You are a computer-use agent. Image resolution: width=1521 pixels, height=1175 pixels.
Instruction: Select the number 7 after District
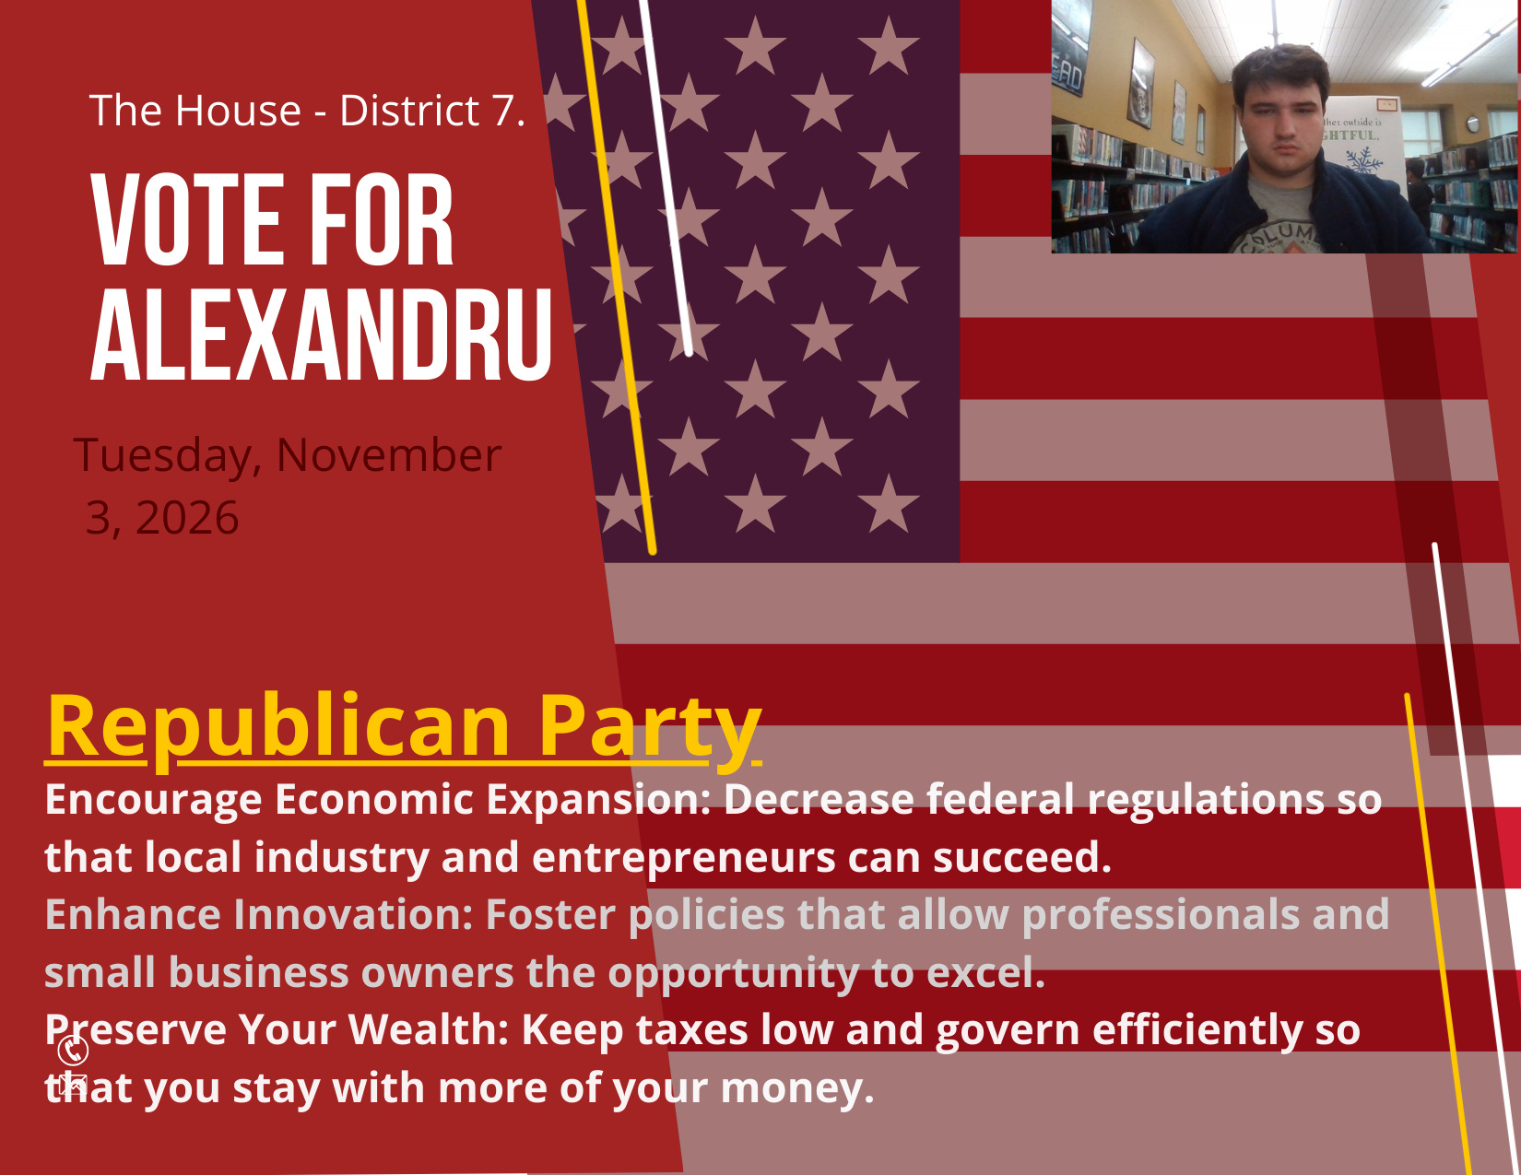pos(504,111)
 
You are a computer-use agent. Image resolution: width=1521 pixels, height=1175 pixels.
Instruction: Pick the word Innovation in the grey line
pos(353,914)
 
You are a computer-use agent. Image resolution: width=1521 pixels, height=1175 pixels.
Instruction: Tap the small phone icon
pos(73,1050)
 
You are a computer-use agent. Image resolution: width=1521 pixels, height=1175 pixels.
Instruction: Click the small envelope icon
pos(73,1084)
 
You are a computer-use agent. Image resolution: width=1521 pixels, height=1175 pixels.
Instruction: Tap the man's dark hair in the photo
pos(1280,70)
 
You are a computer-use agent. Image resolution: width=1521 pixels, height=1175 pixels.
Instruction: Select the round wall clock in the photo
pos(1473,124)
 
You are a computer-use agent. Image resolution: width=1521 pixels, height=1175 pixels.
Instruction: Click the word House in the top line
pos(238,111)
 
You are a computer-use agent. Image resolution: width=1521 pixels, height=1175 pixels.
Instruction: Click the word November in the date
pos(389,455)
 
